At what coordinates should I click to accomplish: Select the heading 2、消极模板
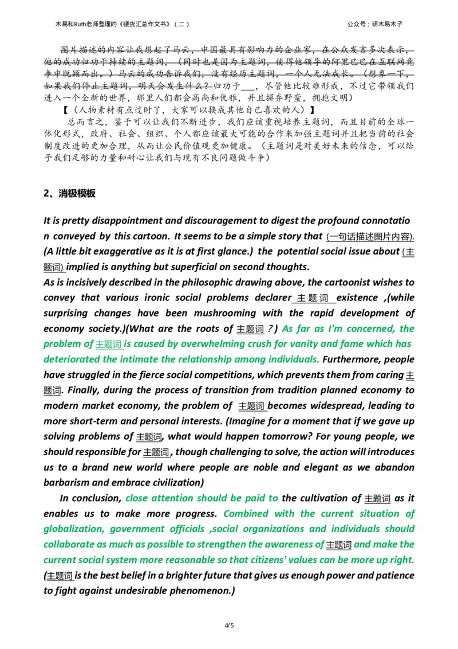coord(69,193)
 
